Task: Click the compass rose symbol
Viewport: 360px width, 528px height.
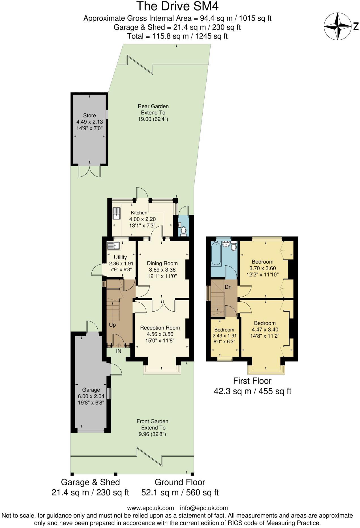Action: tap(338, 27)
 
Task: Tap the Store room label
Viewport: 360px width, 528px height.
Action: tap(89, 116)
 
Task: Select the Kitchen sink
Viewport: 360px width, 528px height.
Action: tap(116, 214)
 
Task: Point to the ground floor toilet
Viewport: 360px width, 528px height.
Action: tap(184, 231)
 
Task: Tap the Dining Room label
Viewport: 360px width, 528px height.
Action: tap(162, 263)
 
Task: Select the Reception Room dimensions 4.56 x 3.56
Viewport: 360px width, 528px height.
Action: tap(160, 334)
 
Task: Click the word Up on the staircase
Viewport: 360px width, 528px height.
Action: tap(112, 325)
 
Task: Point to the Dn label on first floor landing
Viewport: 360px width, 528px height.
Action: tap(228, 287)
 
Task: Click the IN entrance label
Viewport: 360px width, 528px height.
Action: tap(119, 351)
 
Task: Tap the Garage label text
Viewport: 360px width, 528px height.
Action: tap(91, 390)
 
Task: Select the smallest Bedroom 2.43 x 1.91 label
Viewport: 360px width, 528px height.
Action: tap(224, 330)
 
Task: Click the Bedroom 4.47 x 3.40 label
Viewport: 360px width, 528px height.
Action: tap(265, 323)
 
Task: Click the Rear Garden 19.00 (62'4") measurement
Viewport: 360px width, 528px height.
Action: tap(153, 119)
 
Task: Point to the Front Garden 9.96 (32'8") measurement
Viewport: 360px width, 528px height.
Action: tap(152, 434)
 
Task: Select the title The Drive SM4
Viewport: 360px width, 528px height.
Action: tap(178, 6)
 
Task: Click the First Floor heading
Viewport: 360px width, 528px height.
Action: tap(252, 381)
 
